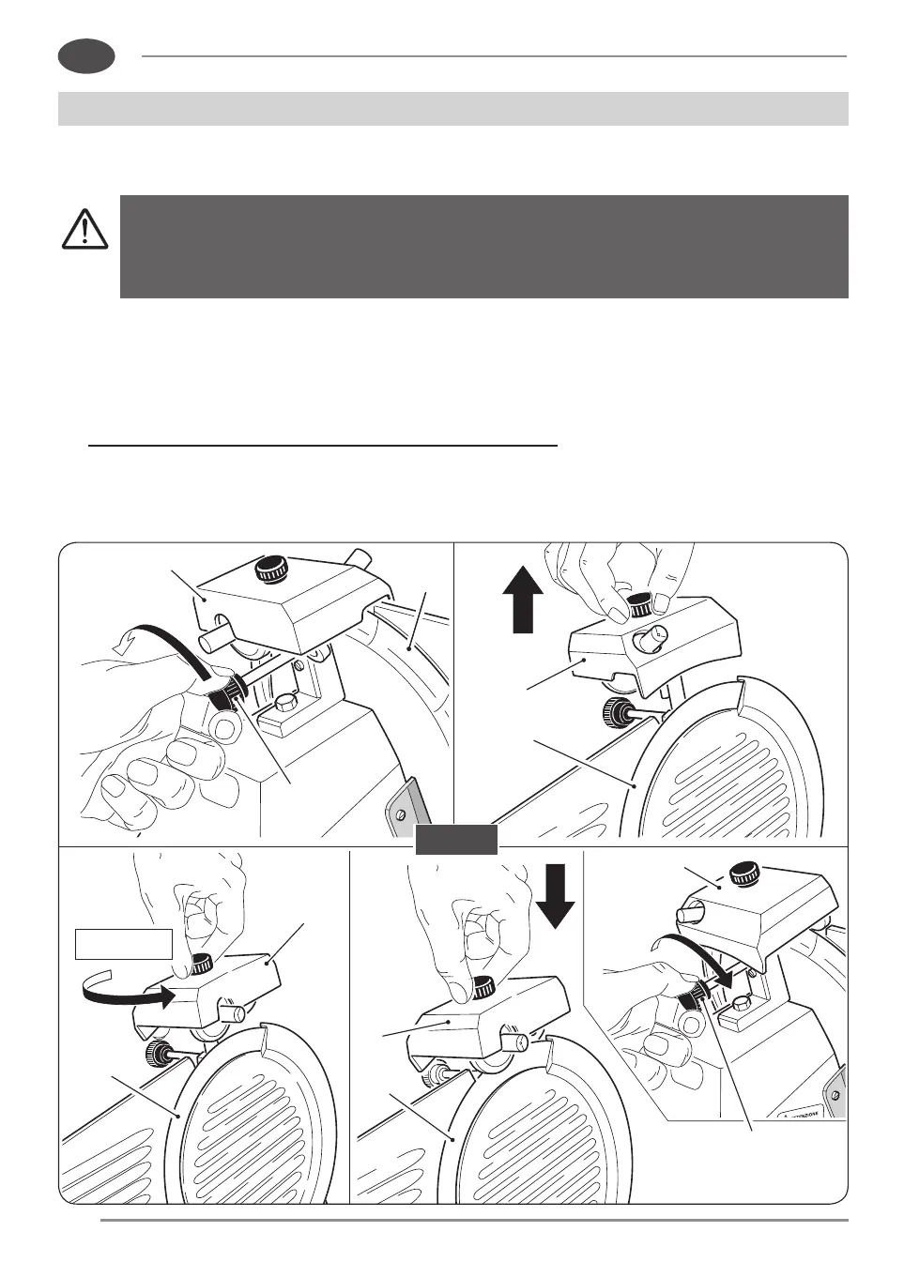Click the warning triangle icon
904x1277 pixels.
coord(84,229)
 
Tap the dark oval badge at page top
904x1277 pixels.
coord(85,56)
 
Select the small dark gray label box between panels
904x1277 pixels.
coord(456,840)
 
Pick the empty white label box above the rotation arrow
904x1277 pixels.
coord(123,944)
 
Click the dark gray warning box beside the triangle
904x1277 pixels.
coord(483,246)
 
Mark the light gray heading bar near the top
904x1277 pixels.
coord(452,108)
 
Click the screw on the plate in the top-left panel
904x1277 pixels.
coord(400,806)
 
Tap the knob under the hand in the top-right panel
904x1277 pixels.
coord(640,603)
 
